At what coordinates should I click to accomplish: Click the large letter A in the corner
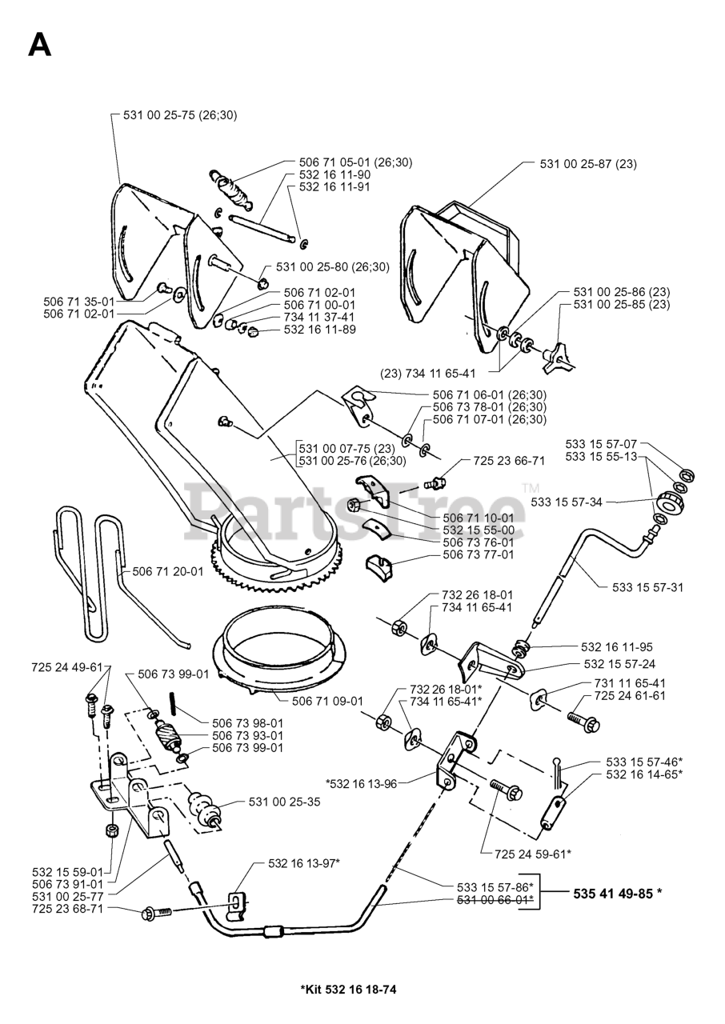coord(39,44)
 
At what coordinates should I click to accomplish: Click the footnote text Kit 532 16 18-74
coord(348,990)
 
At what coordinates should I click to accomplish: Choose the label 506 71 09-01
coord(327,701)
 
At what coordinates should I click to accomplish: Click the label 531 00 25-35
coord(284,801)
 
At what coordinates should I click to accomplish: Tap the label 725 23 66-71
coord(509,461)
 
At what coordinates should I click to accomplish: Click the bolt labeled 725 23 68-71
coord(152,913)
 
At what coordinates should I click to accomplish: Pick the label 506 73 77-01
coord(478,554)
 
